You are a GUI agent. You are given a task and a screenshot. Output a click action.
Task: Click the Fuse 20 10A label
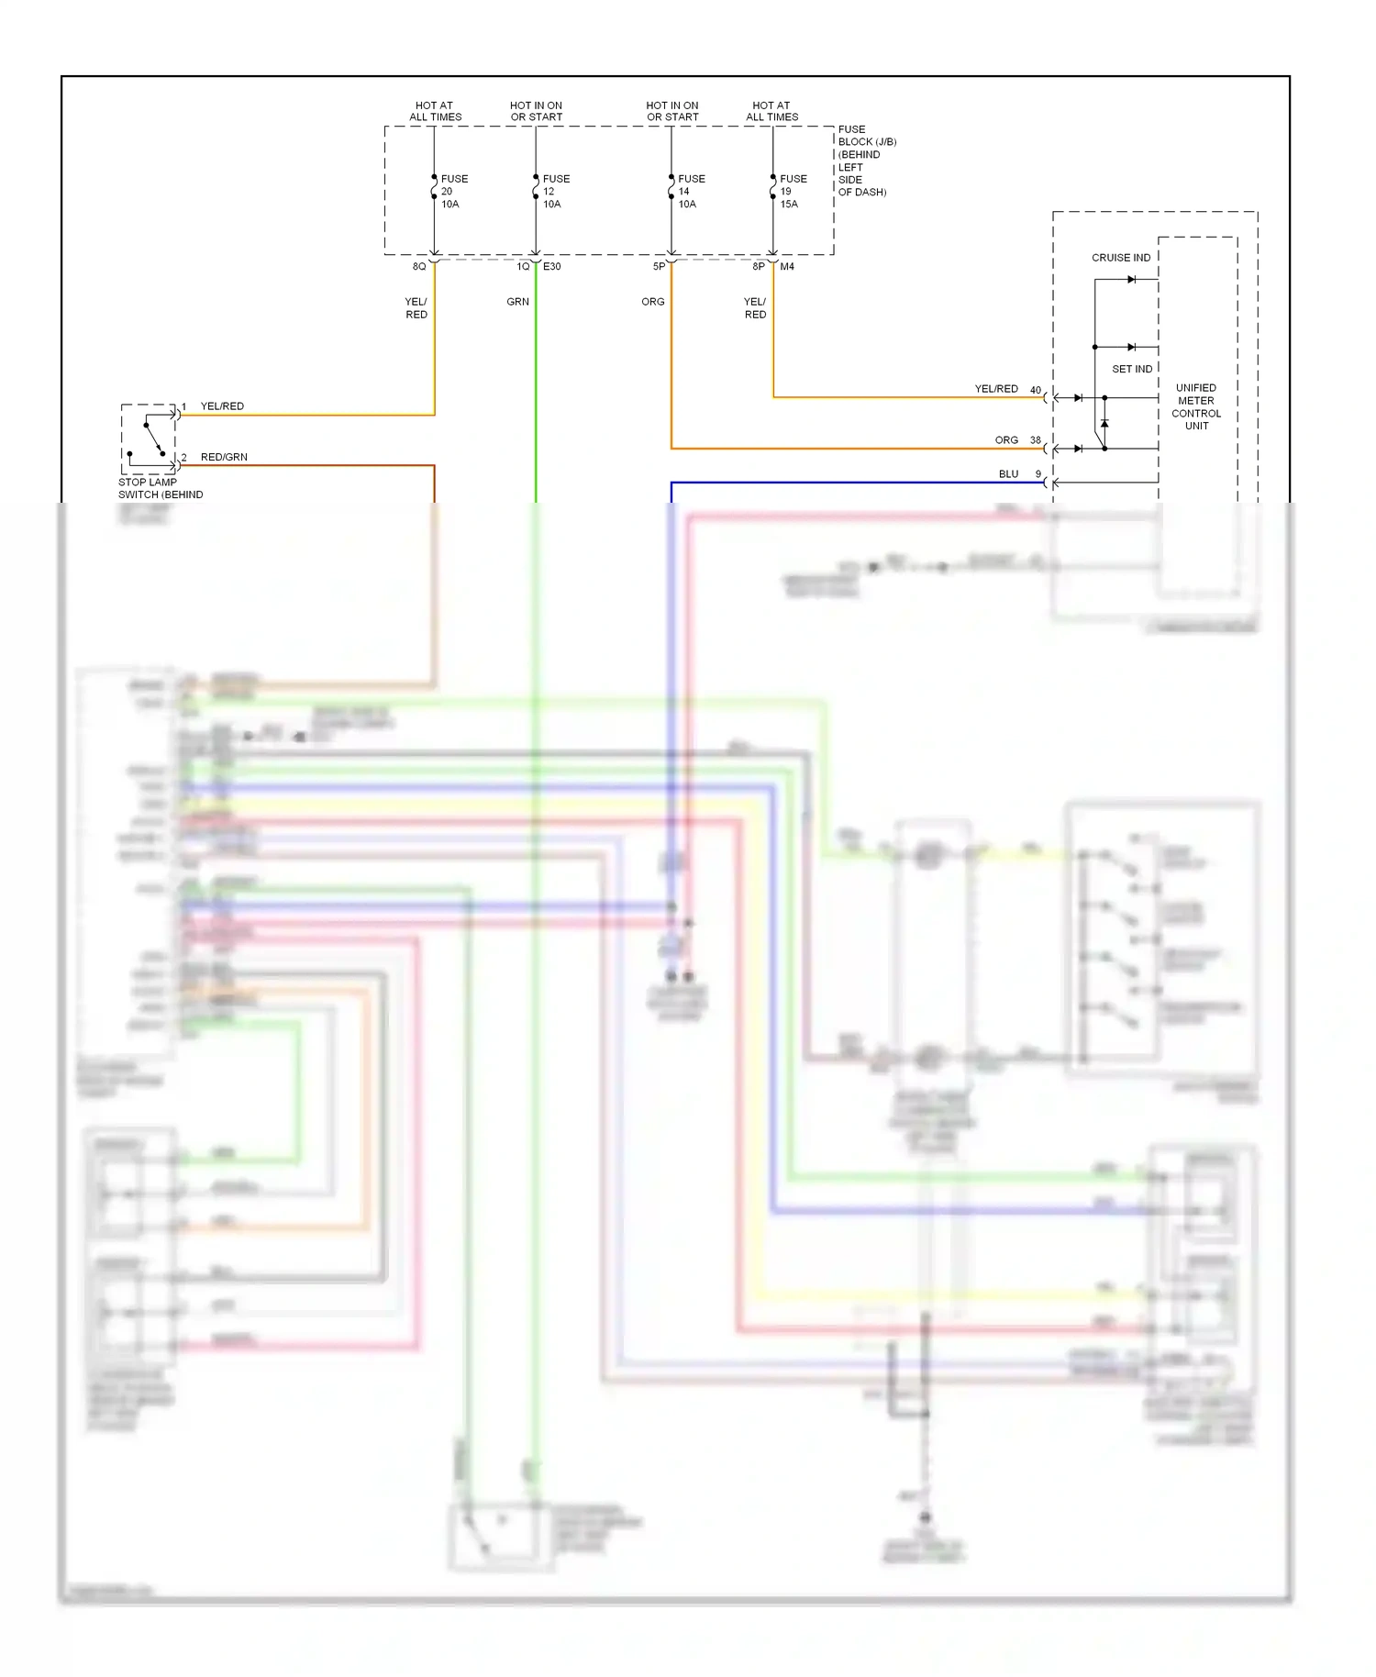coord(453,192)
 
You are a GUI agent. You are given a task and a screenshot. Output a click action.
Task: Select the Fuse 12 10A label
coord(555,192)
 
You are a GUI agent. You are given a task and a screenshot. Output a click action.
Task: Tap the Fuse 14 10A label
coord(691,192)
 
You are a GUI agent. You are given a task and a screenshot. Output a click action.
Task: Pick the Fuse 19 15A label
coord(793,192)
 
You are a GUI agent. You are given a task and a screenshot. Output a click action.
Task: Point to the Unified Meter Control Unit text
coord(1195,406)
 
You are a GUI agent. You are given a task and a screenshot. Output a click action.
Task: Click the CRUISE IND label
coord(1120,258)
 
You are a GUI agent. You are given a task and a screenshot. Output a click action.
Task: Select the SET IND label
coord(1132,369)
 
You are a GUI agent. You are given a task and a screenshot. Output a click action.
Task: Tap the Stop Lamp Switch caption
coord(160,488)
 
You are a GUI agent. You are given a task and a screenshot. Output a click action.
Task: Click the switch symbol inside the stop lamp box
coord(153,438)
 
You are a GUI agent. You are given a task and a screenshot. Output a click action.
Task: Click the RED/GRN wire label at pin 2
coord(224,457)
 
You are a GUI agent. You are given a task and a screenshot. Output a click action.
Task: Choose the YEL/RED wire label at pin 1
coord(222,406)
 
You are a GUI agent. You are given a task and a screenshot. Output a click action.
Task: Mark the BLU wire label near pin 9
coord(1008,474)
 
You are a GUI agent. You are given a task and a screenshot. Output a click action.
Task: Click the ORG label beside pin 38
coord(1006,440)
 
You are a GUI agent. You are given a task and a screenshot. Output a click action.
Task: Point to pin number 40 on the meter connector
coord(1035,390)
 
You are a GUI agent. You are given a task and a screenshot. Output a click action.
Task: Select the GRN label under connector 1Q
coord(517,302)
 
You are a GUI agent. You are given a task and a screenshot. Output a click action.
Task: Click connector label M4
coord(787,267)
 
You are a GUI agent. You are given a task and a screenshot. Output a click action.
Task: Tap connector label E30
coord(551,267)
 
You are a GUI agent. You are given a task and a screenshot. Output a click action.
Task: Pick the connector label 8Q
coord(418,267)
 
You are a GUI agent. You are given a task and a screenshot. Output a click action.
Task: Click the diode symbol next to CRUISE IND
coord(1131,280)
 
